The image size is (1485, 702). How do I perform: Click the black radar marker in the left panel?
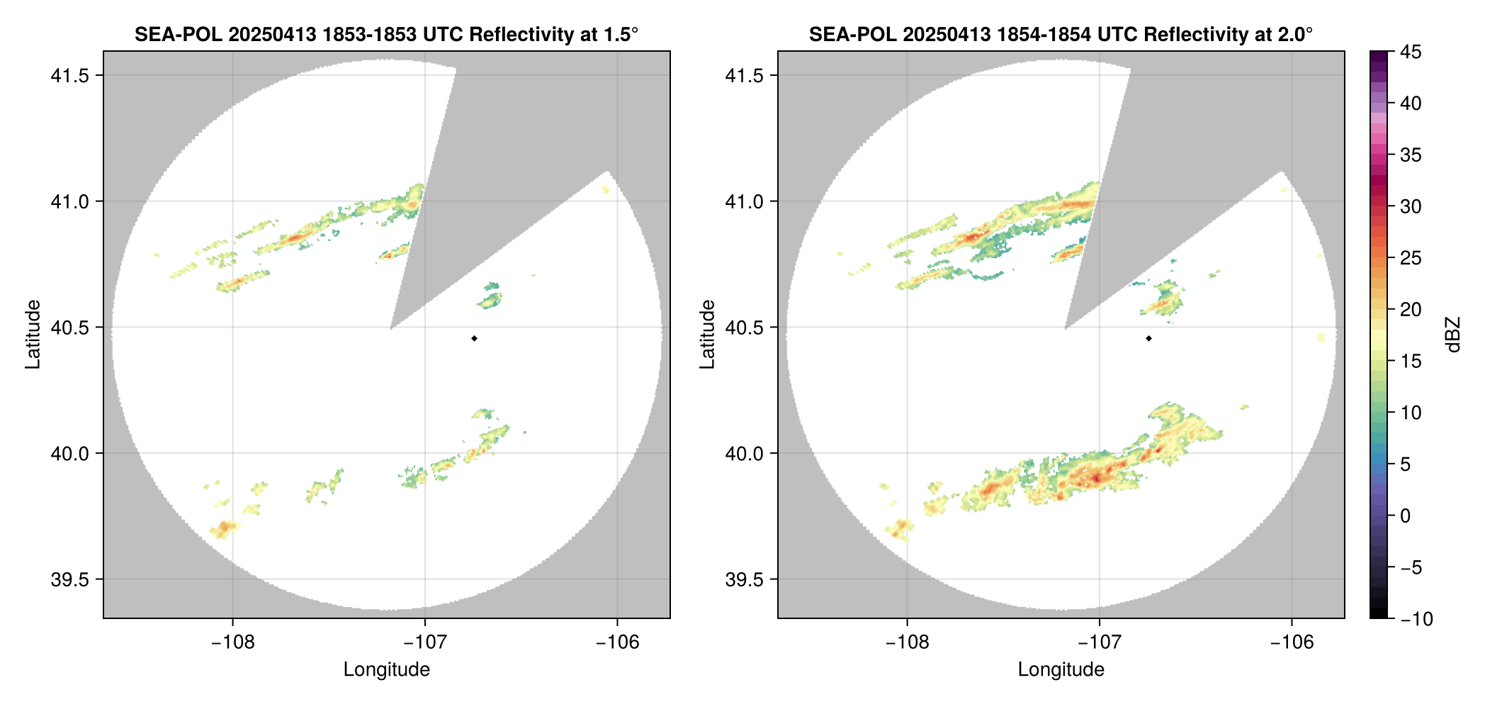(474, 338)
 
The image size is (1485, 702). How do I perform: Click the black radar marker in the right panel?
(1148, 338)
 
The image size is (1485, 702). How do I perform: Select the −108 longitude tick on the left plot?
(233, 642)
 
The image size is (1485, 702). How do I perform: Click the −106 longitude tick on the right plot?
(1292, 642)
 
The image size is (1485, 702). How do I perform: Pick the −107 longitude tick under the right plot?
(1100, 642)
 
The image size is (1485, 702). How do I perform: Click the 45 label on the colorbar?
(1411, 52)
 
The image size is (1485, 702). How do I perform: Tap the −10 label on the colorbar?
(1416, 619)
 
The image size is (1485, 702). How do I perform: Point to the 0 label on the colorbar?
(1406, 516)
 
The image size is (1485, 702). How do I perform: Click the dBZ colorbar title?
(1454, 335)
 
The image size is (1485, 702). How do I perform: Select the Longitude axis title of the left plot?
(387, 669)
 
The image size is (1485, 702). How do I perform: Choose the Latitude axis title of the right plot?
(707, 335)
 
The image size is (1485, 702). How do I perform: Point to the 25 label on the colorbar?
(1411, 258)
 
